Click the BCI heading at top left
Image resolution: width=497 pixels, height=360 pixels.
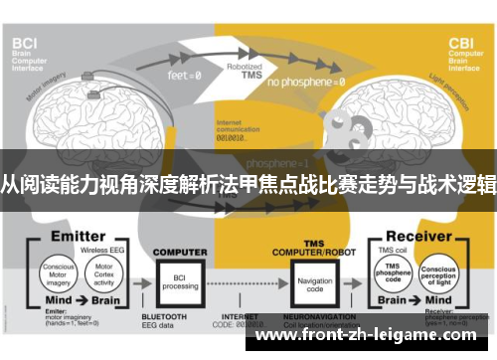click(24, 43)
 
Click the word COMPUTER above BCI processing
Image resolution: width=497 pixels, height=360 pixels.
click(179, 252)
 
